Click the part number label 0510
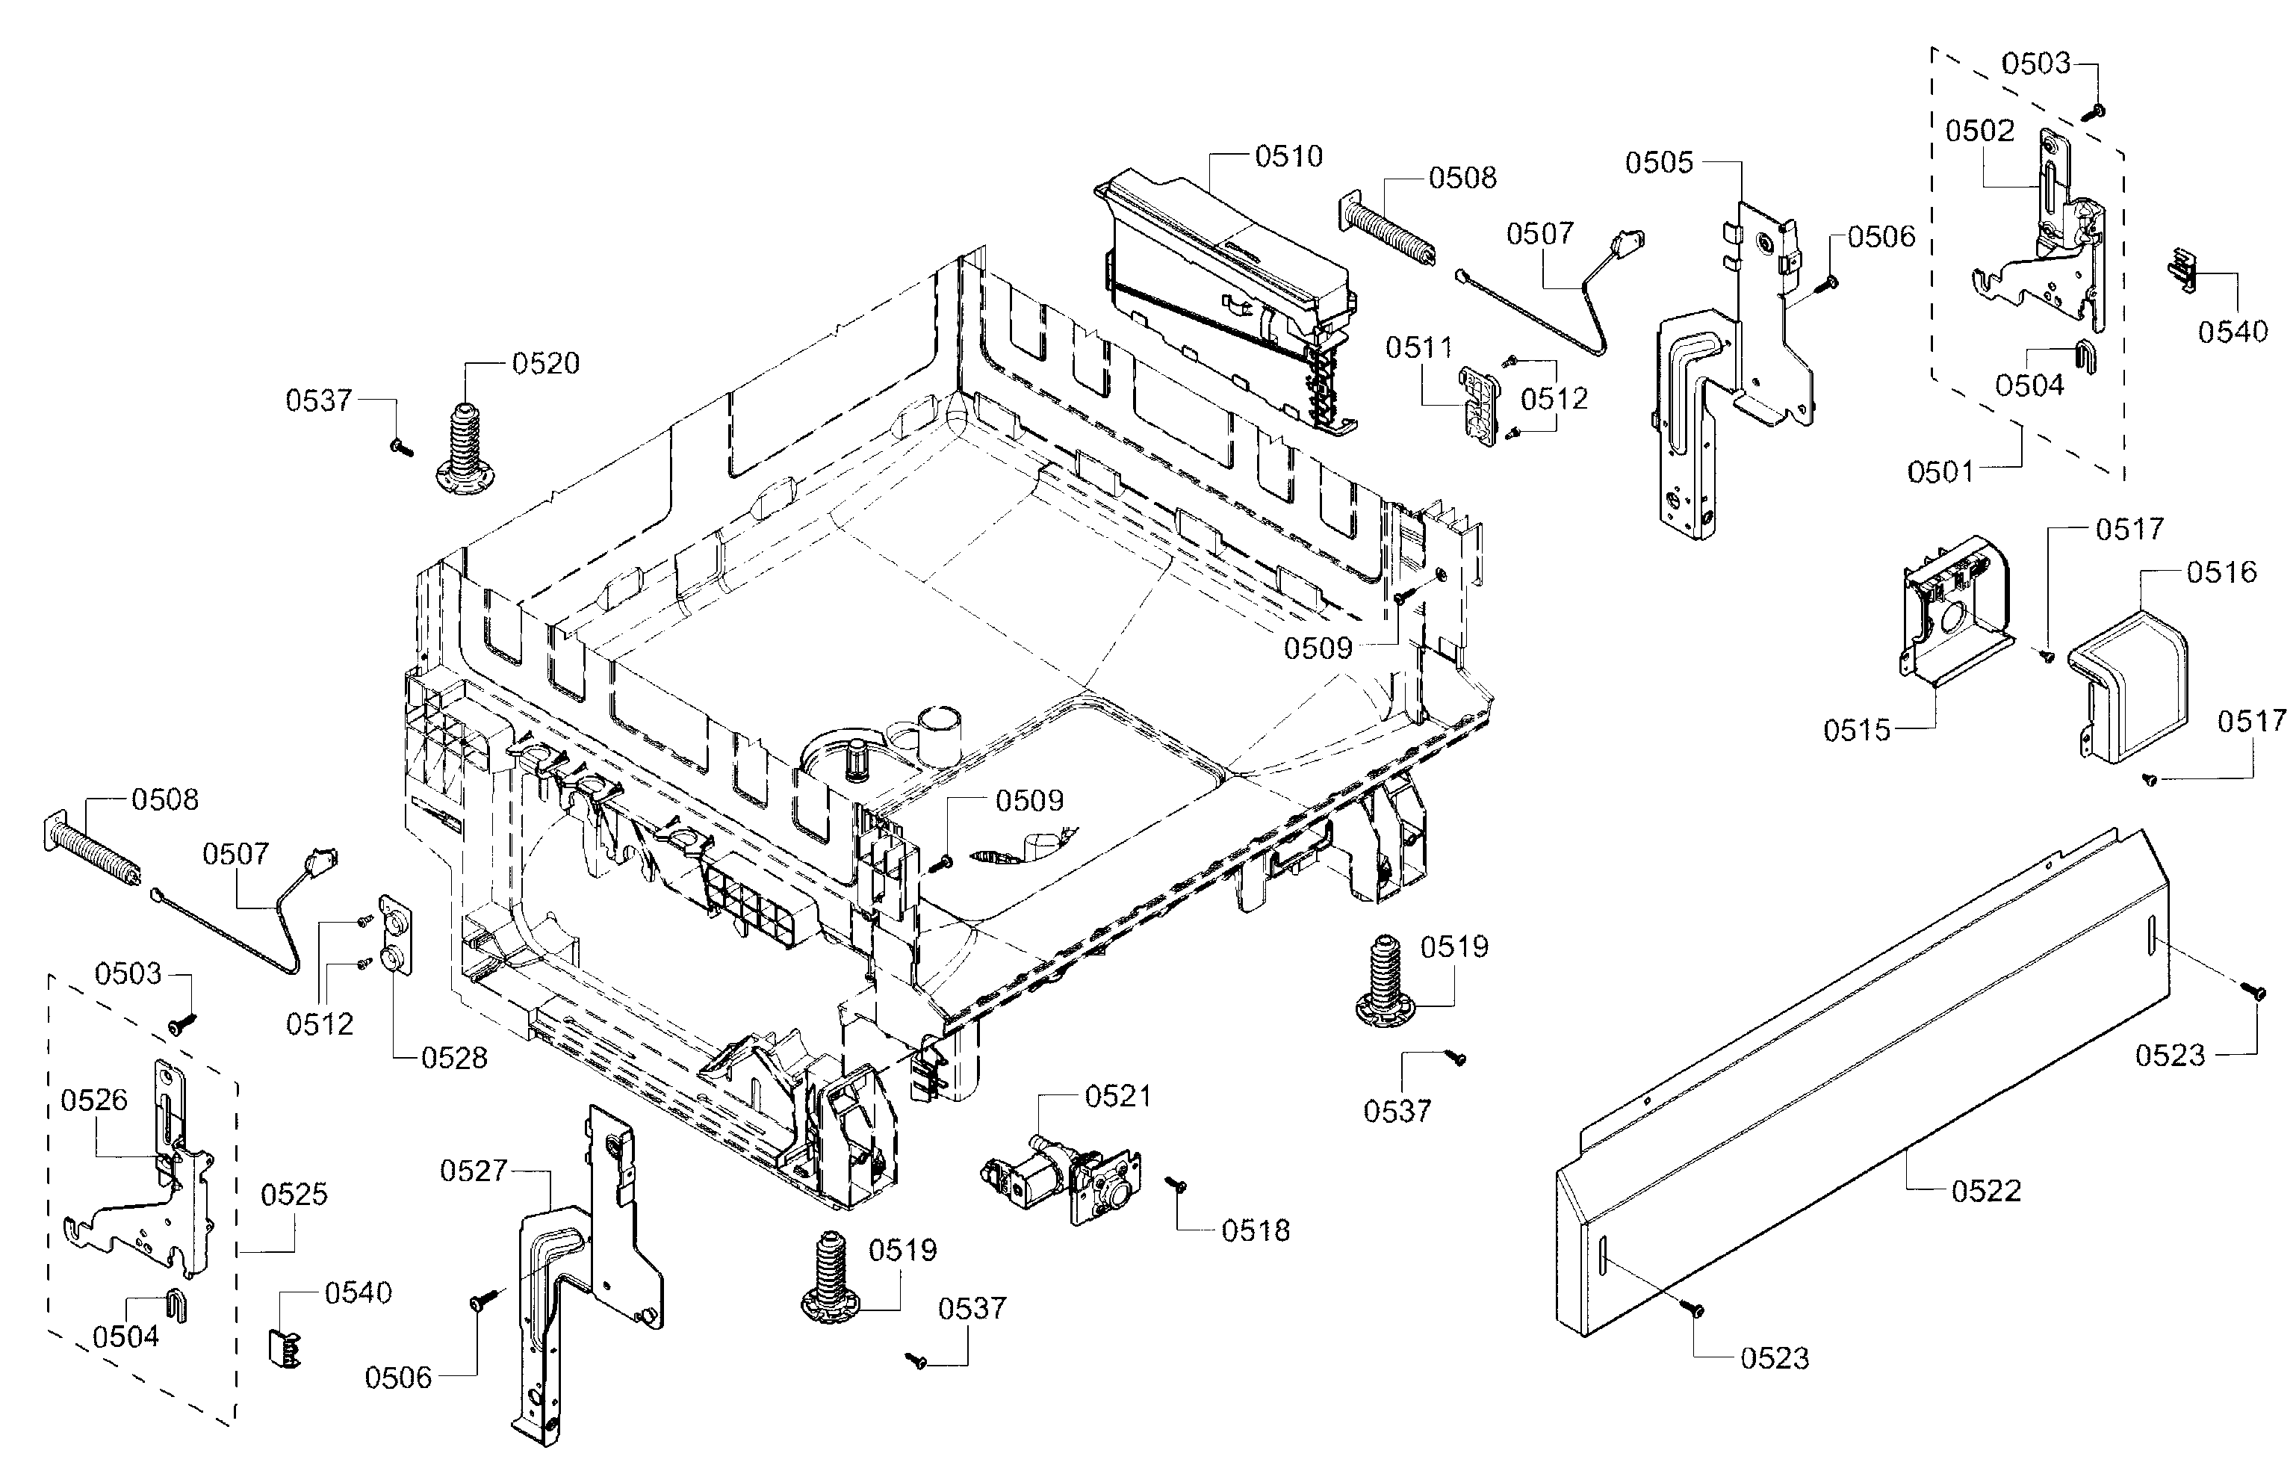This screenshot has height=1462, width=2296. (1288, 156)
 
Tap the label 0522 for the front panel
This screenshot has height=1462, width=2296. (1985, 1191)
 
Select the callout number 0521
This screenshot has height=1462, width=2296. (1117, 1097)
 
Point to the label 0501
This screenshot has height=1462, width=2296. (1940, 471)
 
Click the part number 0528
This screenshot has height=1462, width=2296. (454, 1058)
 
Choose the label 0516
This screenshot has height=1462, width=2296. (2221, 572)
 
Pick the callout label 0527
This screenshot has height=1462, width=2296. (473, 1171)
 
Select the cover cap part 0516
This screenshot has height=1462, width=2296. (2131, 701)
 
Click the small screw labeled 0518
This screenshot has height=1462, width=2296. (1176, 1185)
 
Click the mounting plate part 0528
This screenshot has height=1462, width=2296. (396, 934)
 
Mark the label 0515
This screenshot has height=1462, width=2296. (1856, 731)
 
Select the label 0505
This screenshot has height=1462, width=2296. (1659, 163)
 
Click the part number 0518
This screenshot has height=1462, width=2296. (1255, 1231)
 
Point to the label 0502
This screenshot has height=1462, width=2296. (1979, 131)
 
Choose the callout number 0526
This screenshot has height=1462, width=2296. (93, 1100)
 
